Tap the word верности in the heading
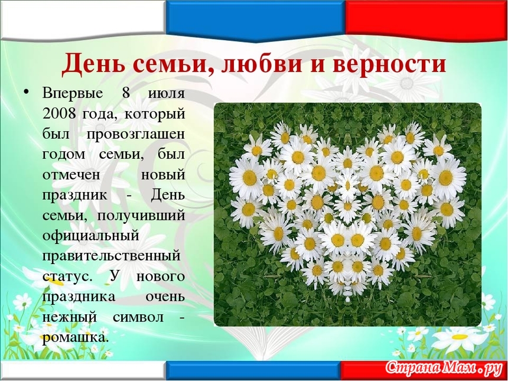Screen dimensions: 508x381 (x=389, y=64)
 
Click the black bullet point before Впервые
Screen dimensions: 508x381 (x=27, y=93)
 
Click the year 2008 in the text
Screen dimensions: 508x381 (x=59, y=114)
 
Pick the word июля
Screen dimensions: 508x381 (x=167, y=94)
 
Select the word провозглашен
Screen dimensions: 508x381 (x=135, y=135)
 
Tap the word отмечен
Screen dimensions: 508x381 (x=71, y=175)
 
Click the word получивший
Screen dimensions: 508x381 (x=141, y=216)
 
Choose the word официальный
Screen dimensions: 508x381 (x=91, y=236)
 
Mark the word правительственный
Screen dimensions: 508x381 (x=111, y=256)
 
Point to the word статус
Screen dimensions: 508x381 (x=67, y=277)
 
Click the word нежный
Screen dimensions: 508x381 (x=69, y=318)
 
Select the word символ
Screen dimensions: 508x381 (x=138, y=318)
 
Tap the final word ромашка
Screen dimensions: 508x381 (x=75, y=338)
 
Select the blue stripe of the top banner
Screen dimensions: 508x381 (x=255, y=19)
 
